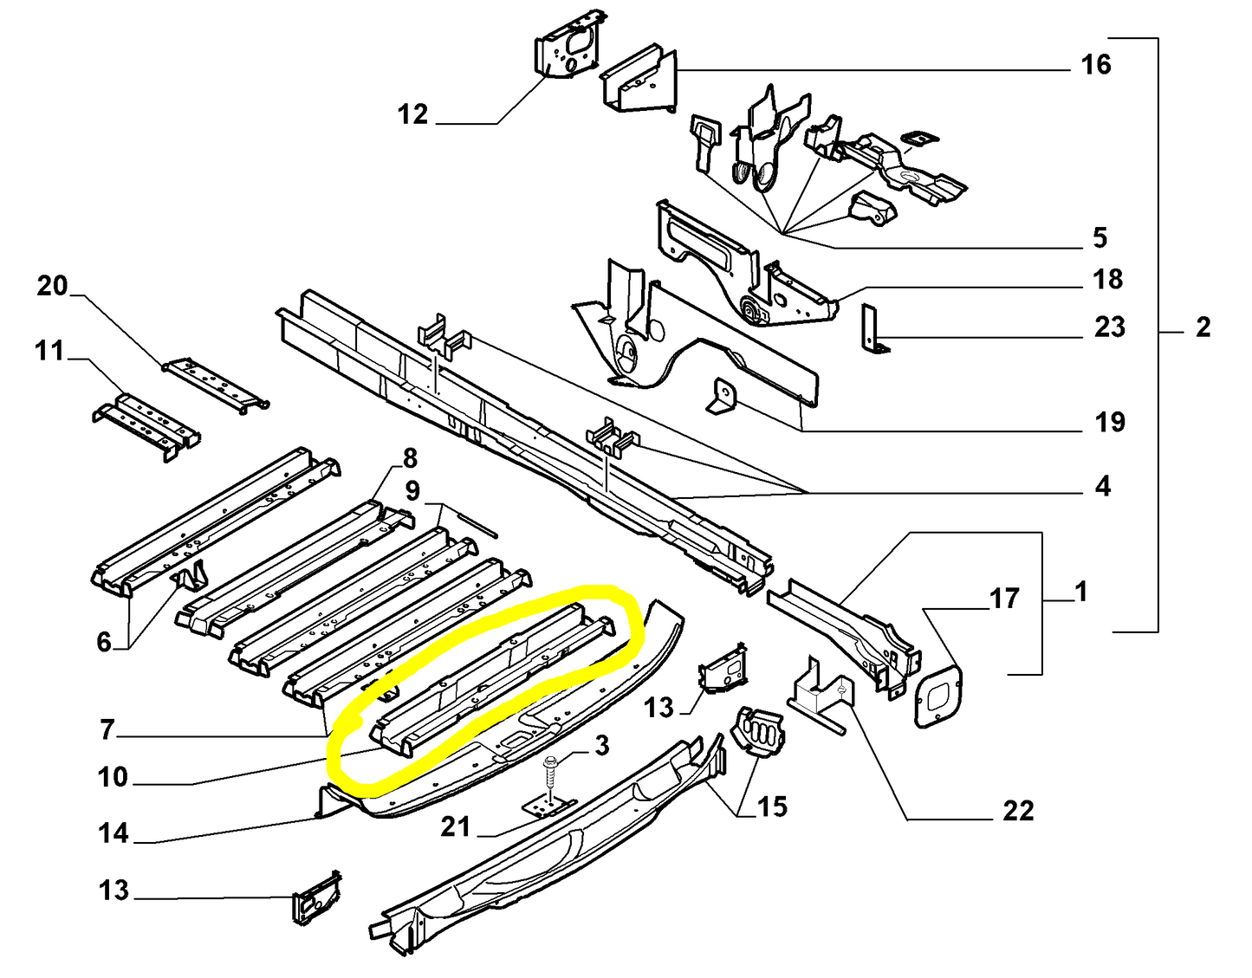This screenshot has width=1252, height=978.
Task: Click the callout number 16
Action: pos(1096,64)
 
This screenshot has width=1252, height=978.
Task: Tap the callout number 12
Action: pos(412,114)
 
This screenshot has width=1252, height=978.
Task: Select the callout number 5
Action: pos(1100,237)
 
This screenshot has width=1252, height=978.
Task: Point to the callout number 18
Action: pos(1107,279)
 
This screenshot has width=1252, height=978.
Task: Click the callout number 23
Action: pos(1110,327)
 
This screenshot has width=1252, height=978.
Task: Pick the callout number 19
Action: pos(1110,422)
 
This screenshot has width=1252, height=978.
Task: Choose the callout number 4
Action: pos(1102,486)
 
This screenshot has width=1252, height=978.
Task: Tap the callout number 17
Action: pos(1004,599)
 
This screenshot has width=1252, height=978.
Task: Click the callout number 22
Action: pos(1018,811)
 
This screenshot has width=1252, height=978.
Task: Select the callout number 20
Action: pos(52,286)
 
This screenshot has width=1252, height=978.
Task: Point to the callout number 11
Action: pos(49,351)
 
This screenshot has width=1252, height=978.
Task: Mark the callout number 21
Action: pos(455,827)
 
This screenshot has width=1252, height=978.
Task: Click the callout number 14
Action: pos(113,833)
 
